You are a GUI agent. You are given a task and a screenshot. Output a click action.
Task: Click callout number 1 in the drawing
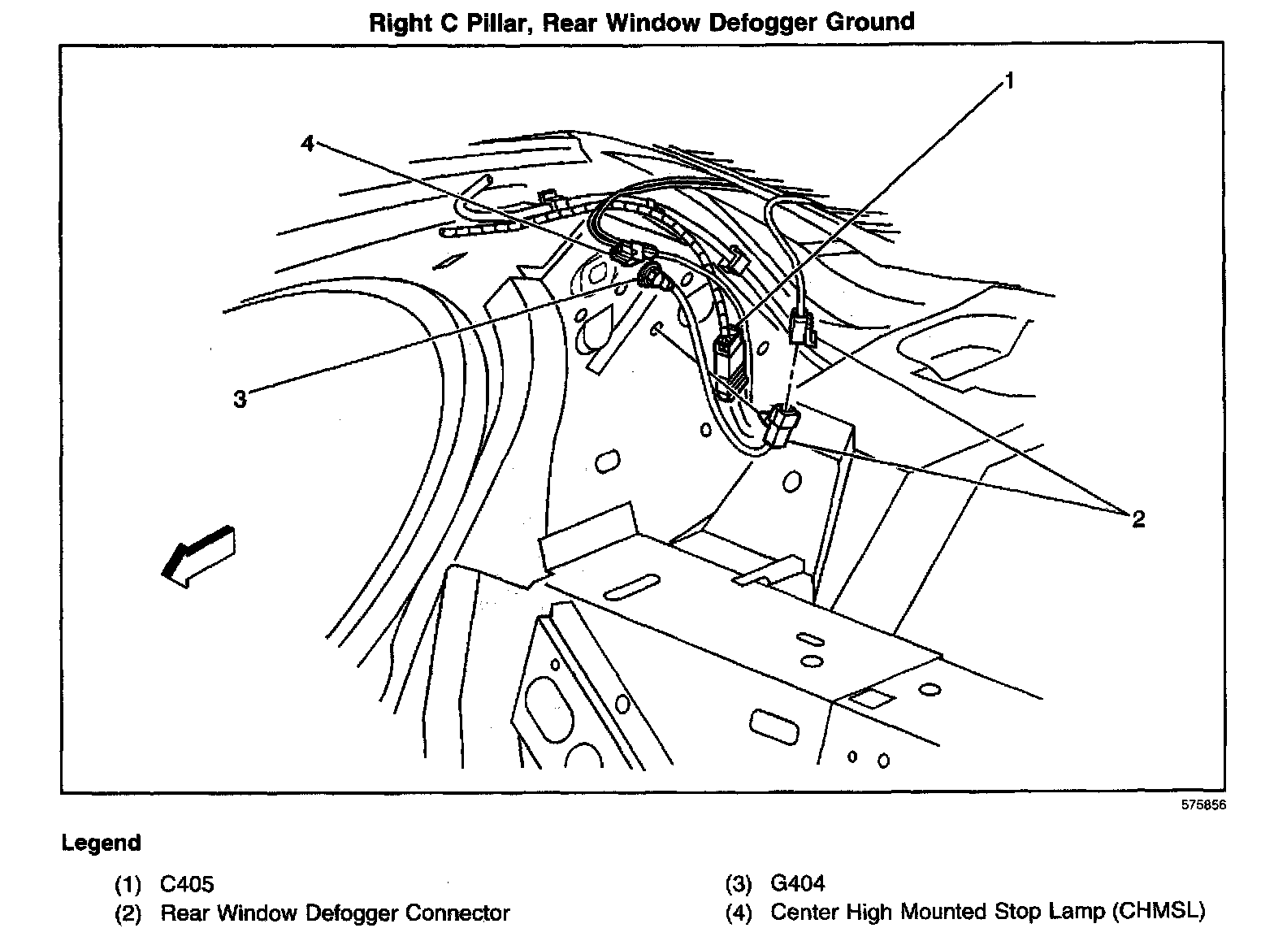(x=1008, y=81)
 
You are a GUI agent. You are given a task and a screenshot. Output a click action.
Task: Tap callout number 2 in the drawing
(x=1137, y=519)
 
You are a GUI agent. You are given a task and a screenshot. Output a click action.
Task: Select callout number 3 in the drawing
(x=240, y=399)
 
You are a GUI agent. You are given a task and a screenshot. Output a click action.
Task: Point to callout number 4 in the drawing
(x=306, y=144)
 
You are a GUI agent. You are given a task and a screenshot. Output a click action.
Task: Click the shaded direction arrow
(x=197, y=554)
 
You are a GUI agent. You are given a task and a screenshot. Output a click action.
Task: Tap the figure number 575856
(x=1202, y=805)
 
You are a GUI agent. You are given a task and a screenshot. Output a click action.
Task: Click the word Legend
(x=101, y=843)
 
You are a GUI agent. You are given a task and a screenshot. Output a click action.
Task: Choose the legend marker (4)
(x=739, y=913)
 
